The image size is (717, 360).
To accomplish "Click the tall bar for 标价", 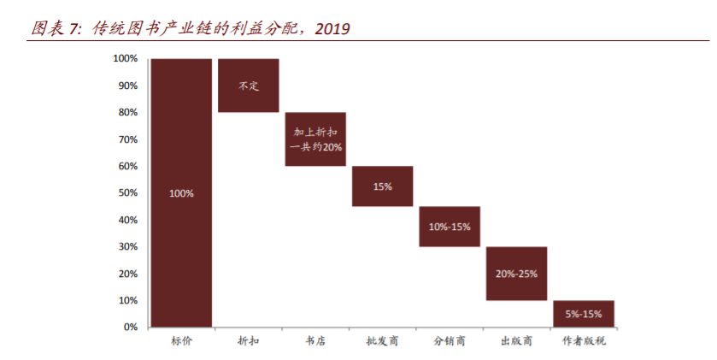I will coord(181,193).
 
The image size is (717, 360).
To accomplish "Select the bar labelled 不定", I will coord(249,86).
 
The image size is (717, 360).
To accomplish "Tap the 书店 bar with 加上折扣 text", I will coord(315,139).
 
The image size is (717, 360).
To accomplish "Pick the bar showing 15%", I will coord(382,186).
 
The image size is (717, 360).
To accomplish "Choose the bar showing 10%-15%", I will coord(450,227).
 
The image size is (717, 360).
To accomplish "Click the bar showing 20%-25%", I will coord(516,274).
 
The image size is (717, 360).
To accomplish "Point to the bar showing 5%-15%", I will coord(583,314).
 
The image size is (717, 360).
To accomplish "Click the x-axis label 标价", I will coord(181,341).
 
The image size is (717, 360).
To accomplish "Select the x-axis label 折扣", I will coord(249,341).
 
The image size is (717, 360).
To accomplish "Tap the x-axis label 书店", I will coord(315,341).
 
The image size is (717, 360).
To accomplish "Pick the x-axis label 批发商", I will coord(382,341).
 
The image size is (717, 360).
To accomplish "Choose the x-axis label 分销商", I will coord(450,341).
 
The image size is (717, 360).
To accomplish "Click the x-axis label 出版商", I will coord(516,341).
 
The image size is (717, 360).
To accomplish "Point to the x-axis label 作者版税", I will coord(584,341).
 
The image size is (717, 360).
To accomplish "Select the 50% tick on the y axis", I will coord(127,193).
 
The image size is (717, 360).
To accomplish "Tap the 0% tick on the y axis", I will coord(130,328).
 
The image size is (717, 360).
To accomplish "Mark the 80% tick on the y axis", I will coord(127,112).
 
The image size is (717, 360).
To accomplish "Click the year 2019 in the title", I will coord(332,29).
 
